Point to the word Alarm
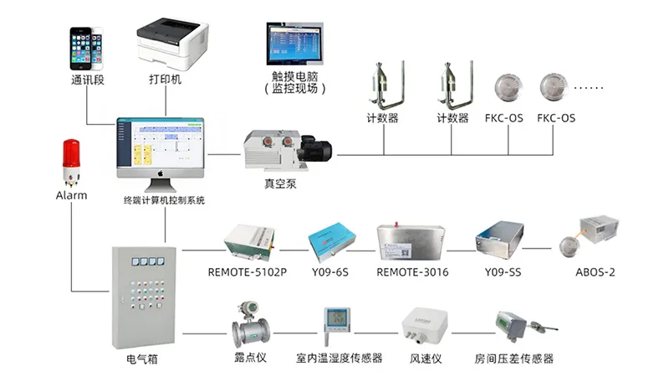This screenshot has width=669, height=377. click(x=71, y=195)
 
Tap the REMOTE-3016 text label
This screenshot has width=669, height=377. click(x=412, y=273)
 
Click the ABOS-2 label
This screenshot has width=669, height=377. click(x=595, y=273)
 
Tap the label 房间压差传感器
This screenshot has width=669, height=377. click(x=514, y=359)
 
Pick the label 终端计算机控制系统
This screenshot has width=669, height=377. click(x=164, y=201)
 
